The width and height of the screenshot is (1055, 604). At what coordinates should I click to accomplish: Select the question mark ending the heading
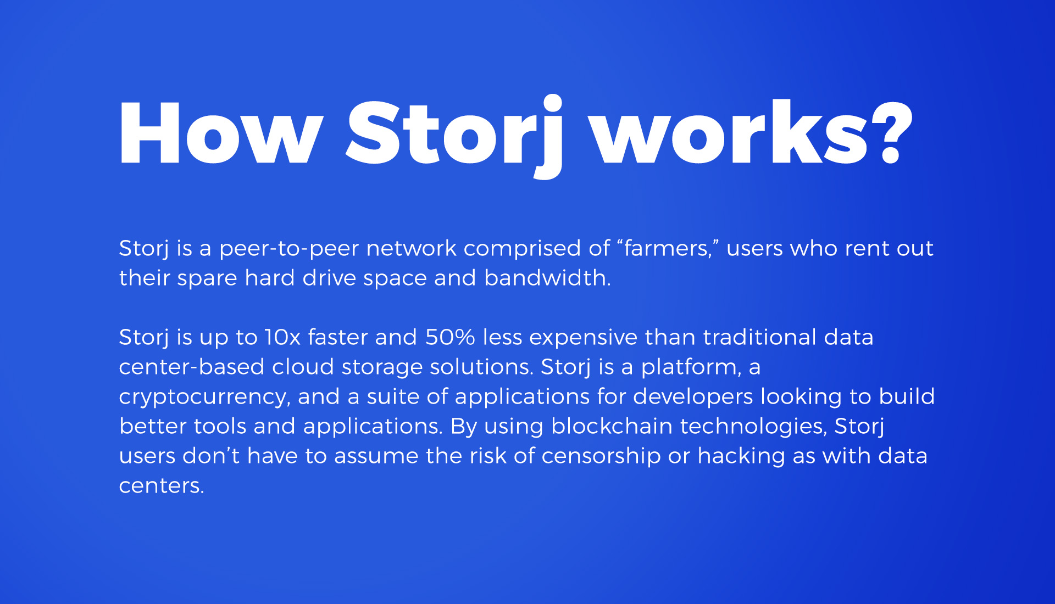tap(891, 133)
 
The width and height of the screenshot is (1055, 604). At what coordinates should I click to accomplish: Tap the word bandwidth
tap(547, 277)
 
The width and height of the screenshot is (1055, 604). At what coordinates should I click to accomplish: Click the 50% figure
tap(450, 337)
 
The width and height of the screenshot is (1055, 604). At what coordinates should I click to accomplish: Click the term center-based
tap(192, 366)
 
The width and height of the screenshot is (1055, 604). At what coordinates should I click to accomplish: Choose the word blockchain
tap(612, 426)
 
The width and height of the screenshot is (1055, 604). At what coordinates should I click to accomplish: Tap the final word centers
tap(162, 486)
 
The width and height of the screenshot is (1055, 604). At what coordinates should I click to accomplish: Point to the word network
tap(412, 248)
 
